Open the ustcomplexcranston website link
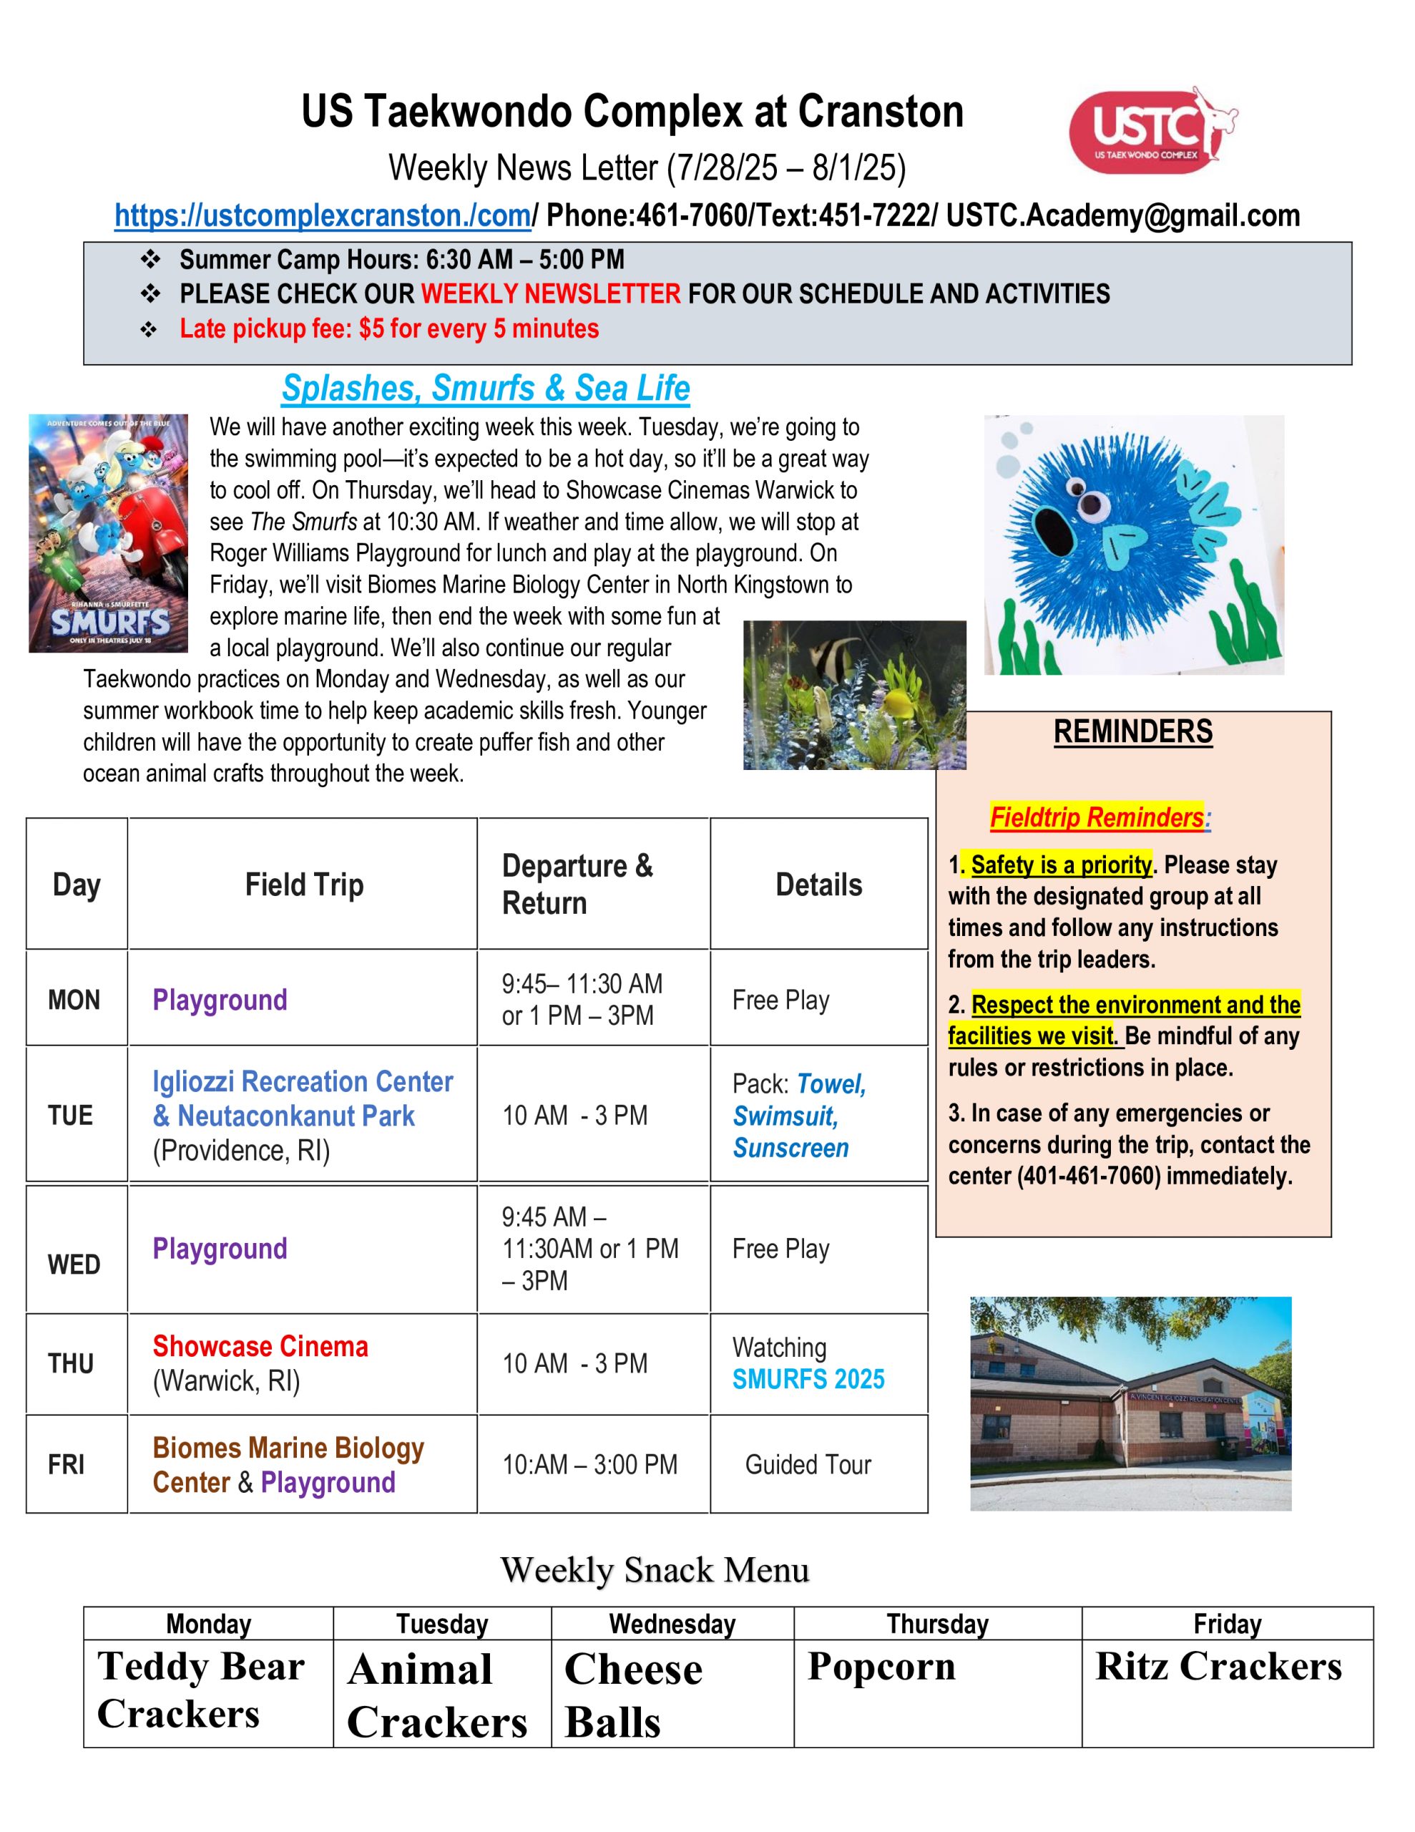323,216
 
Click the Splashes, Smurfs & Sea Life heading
486,389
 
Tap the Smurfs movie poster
108,533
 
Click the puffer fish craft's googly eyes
1083,498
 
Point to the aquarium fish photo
854,695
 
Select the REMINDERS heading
1132,731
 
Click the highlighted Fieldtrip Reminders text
1096,817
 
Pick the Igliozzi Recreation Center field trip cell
303,1115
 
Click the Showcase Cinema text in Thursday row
260,1346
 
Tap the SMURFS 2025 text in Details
808,1379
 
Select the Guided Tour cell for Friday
808,1465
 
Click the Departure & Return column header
577,884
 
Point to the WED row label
74,1264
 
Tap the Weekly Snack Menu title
655,1569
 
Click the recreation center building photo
1130,1403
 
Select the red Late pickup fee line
389,328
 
